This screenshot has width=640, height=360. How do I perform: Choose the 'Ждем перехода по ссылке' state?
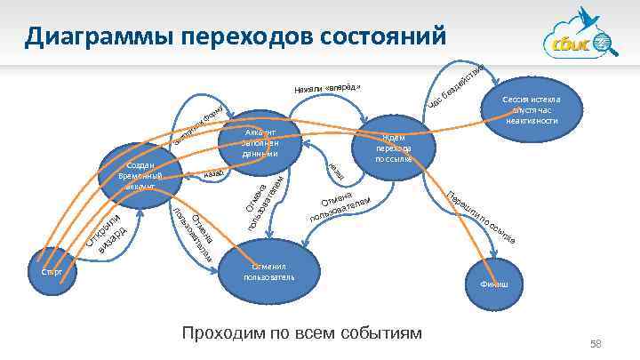392,148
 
